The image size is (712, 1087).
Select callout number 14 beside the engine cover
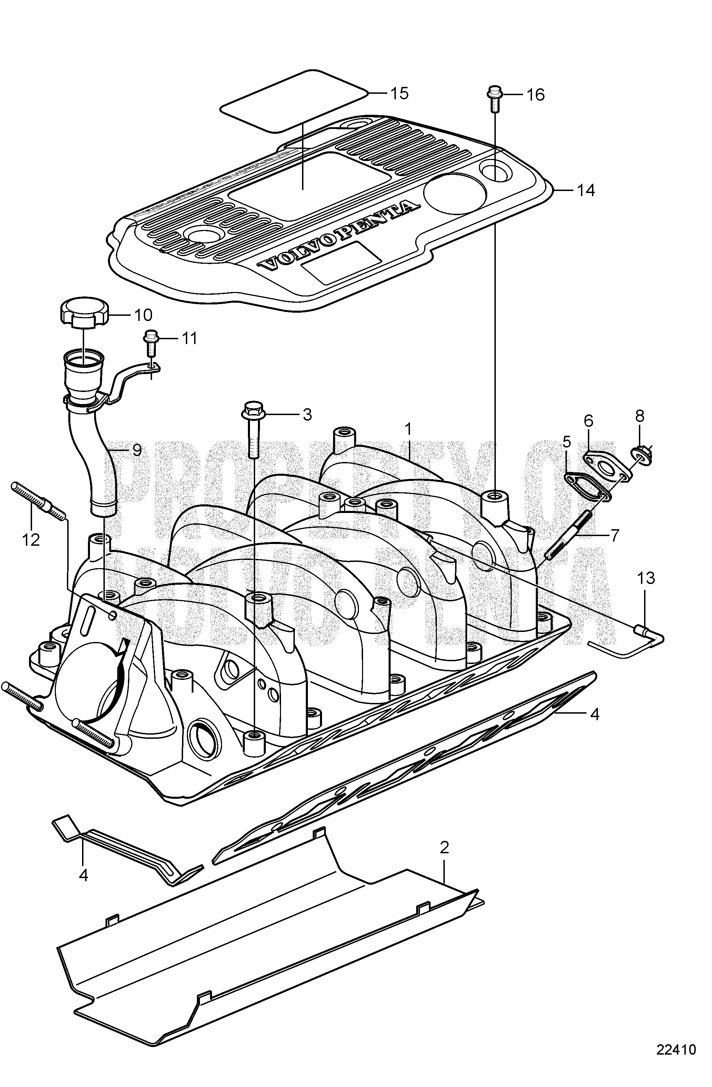(x=585, y=190)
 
